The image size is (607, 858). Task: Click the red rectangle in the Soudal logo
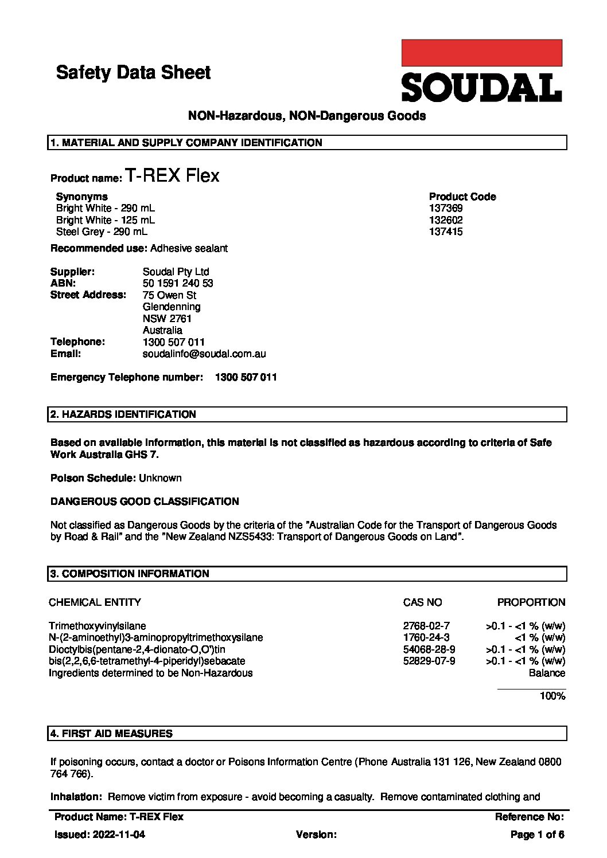click(481, 53)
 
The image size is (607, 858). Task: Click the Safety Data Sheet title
click(133, 73)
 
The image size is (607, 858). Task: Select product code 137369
click(446, 209)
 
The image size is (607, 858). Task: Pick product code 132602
click(446, 220)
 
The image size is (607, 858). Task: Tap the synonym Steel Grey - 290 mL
click(102, 232)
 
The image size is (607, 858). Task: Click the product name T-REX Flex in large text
click(172, 176)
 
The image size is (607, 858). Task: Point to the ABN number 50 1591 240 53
click(178, 284)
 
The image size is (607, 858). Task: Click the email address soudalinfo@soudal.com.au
click(204, 354)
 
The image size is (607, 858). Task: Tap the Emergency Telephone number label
click(126, 378)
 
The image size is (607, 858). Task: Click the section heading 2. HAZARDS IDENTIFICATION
click(123, 414)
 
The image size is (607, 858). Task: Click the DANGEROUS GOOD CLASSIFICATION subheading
click(145, 502)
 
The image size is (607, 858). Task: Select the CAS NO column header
click(422, 602)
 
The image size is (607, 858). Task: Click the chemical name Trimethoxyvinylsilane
click(98, 626)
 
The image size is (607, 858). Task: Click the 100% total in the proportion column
click(552, 696)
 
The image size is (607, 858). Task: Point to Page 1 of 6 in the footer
click(537, 835)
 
